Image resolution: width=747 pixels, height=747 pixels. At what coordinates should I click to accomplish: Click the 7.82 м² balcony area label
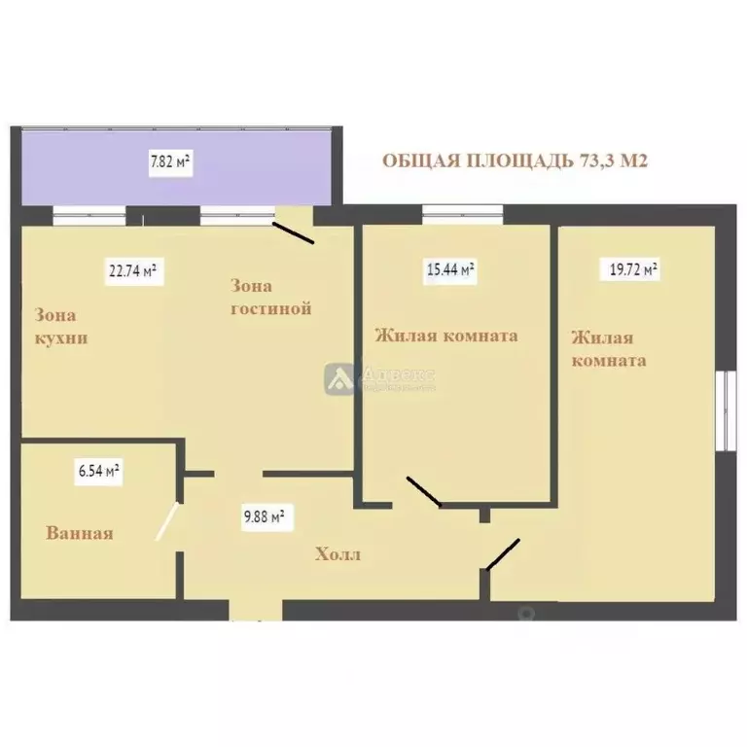[171, 162]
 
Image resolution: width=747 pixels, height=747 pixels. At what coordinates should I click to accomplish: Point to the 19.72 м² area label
[633, 270]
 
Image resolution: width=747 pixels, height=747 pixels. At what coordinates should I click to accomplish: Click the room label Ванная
[80, 533]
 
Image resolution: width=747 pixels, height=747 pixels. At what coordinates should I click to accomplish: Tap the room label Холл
[338, 555]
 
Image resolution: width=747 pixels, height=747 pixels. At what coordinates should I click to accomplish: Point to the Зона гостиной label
[270, 298]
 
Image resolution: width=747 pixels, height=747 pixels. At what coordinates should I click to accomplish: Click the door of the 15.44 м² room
[424, 492]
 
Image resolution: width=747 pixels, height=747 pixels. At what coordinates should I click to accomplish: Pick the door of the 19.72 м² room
[504, 553]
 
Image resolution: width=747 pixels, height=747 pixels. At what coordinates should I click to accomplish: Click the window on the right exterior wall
[725, 409]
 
